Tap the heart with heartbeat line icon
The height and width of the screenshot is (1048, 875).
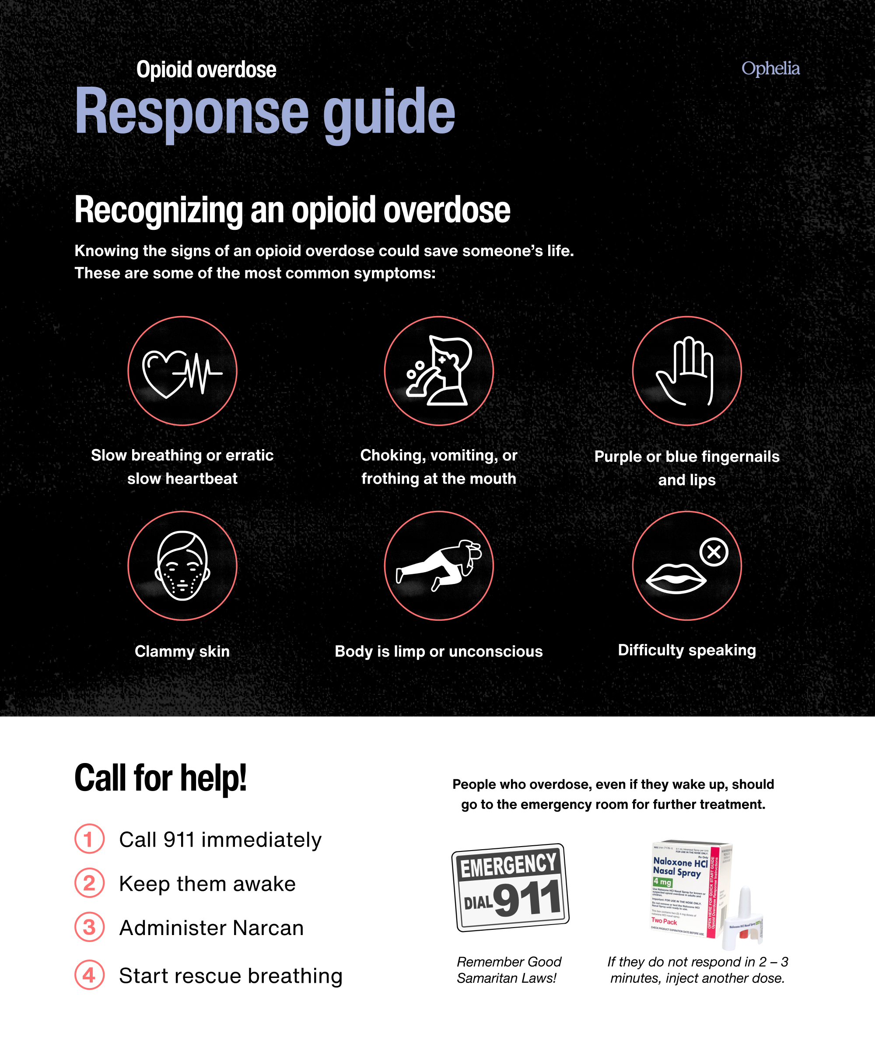coord(182,372)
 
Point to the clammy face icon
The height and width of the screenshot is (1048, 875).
coord(182,566)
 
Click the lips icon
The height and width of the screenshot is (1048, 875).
coord(675,578)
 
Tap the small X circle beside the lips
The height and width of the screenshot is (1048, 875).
coord(714,552)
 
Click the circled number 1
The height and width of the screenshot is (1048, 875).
coord(89,839)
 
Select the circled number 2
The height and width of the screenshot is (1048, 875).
coord(89,883)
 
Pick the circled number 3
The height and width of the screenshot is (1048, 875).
coord(89,927)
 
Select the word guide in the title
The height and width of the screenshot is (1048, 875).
coord(388,112)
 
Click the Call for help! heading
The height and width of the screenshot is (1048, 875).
coord(161,778)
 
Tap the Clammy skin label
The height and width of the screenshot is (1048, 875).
coord(182,651)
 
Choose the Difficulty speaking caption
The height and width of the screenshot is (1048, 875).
coord(686,650)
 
